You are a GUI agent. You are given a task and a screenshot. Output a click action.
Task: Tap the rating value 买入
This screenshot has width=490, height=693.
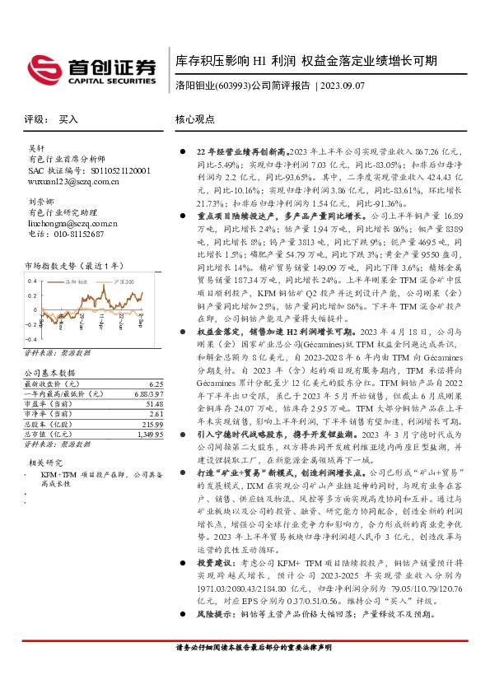point(68,120)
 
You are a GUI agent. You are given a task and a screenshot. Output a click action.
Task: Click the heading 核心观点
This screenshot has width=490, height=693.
point(194,120)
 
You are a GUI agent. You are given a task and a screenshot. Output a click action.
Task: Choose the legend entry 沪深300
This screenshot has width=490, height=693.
point(124,282)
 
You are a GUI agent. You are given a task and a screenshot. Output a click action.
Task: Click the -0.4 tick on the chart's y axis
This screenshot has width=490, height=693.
point(31,338)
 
